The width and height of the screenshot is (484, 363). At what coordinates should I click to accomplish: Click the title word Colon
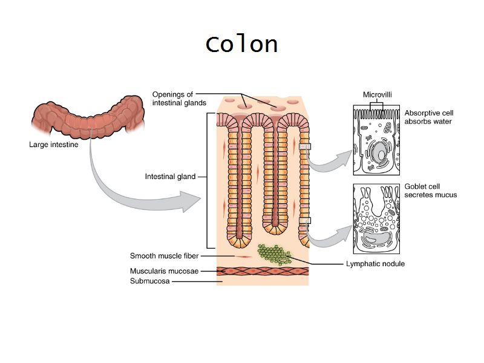click(241, 44)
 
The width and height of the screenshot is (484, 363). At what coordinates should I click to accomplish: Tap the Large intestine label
click(53, 145)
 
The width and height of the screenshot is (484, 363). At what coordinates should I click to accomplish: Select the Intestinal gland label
click(170, 177)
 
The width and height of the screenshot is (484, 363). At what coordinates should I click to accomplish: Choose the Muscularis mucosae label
click(164, 271)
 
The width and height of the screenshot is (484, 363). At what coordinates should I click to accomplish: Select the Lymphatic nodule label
click(374, 264)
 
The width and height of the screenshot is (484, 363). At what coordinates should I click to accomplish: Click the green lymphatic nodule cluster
click(274, 253)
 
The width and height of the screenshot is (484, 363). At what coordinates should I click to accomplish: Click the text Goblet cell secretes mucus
click(430, 191)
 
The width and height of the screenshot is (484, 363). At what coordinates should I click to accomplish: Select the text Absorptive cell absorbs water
click(428, 117)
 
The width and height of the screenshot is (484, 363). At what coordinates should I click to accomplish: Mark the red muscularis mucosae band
click(263, 271)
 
